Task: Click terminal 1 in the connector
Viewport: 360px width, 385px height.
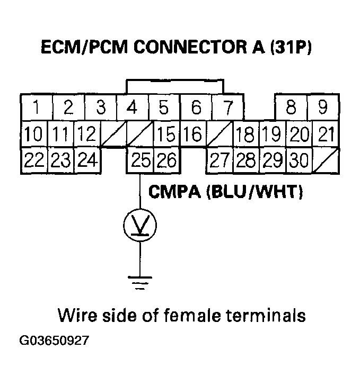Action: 36,108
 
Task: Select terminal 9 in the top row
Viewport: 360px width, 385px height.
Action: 322,108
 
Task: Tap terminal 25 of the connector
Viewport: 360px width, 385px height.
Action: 141,160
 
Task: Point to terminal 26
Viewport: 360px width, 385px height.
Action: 166,160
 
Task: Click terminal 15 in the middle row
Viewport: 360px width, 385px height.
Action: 166,135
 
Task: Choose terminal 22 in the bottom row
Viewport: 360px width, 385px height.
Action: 34,160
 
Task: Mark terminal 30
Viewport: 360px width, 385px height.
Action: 299,160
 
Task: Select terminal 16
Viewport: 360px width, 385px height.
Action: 194,135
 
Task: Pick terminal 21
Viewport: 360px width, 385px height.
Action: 324,135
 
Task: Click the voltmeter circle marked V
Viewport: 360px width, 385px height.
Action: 140,226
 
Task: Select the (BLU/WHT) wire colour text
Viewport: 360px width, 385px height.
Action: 252,192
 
